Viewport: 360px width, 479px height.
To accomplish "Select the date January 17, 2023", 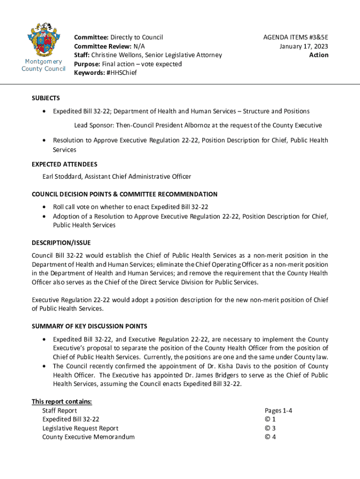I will click(x=304, y=46).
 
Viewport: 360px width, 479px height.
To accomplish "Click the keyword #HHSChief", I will click(x=122, y=73).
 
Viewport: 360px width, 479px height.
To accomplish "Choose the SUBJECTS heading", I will click(x=46, y=98).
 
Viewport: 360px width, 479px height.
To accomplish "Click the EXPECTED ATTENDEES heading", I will click(x=65, y=165).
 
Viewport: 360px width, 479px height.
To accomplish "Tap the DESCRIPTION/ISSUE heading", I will click(x=61, y=243).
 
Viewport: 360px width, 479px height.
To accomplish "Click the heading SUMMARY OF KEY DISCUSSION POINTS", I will click(x=89, y=326).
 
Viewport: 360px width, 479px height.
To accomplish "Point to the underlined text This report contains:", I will click(x=62, y=401).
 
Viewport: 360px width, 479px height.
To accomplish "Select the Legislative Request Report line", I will click(x=80, y=428).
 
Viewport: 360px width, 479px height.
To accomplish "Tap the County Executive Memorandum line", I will click(x=88, y=437).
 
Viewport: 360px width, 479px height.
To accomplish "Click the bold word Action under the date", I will click(x=319, y=55).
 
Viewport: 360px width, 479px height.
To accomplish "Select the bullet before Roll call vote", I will click(x=44, y=207).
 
